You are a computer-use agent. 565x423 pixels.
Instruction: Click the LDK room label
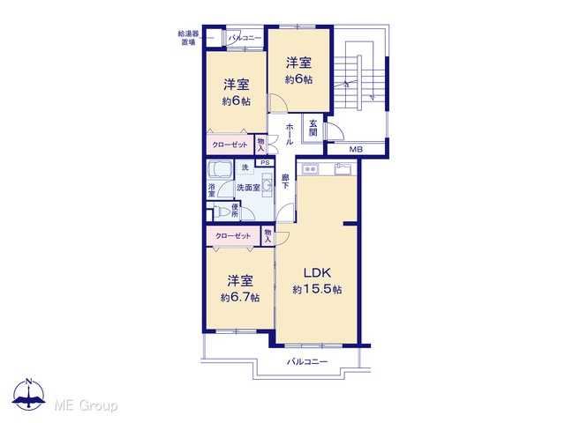(x=317, y=272)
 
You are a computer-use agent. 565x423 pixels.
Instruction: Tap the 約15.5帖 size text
(x=317, y=289)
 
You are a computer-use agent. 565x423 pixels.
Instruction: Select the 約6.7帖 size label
(x=240, y=298)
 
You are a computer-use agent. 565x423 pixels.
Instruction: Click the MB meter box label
(x=356, y=149)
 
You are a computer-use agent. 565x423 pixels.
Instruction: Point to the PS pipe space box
(x=265, y=162)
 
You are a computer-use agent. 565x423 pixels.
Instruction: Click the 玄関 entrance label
(x=313, y=128)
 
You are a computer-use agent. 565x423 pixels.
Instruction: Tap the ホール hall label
(x=289, y=134)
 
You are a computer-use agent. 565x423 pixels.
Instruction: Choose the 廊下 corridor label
(x=285, y=182)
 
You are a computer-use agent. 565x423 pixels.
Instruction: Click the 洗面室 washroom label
(x=248, y=188)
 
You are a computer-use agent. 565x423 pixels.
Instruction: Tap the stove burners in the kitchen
(x=310, y=168)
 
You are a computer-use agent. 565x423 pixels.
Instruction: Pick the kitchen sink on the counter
(x=343, y=168)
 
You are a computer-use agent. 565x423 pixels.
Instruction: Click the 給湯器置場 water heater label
(x=188, y=38)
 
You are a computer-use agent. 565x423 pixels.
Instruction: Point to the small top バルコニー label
(x=245, y=38)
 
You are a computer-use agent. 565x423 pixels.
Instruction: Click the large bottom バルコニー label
(x=307, y=361)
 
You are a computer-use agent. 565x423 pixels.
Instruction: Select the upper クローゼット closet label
(x=230, y=145)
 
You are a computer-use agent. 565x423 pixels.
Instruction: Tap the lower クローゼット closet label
(x=233, y=236)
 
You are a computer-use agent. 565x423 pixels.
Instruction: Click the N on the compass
(x=29, y=382)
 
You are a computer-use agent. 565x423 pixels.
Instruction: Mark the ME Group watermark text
(x=86, y=406)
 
